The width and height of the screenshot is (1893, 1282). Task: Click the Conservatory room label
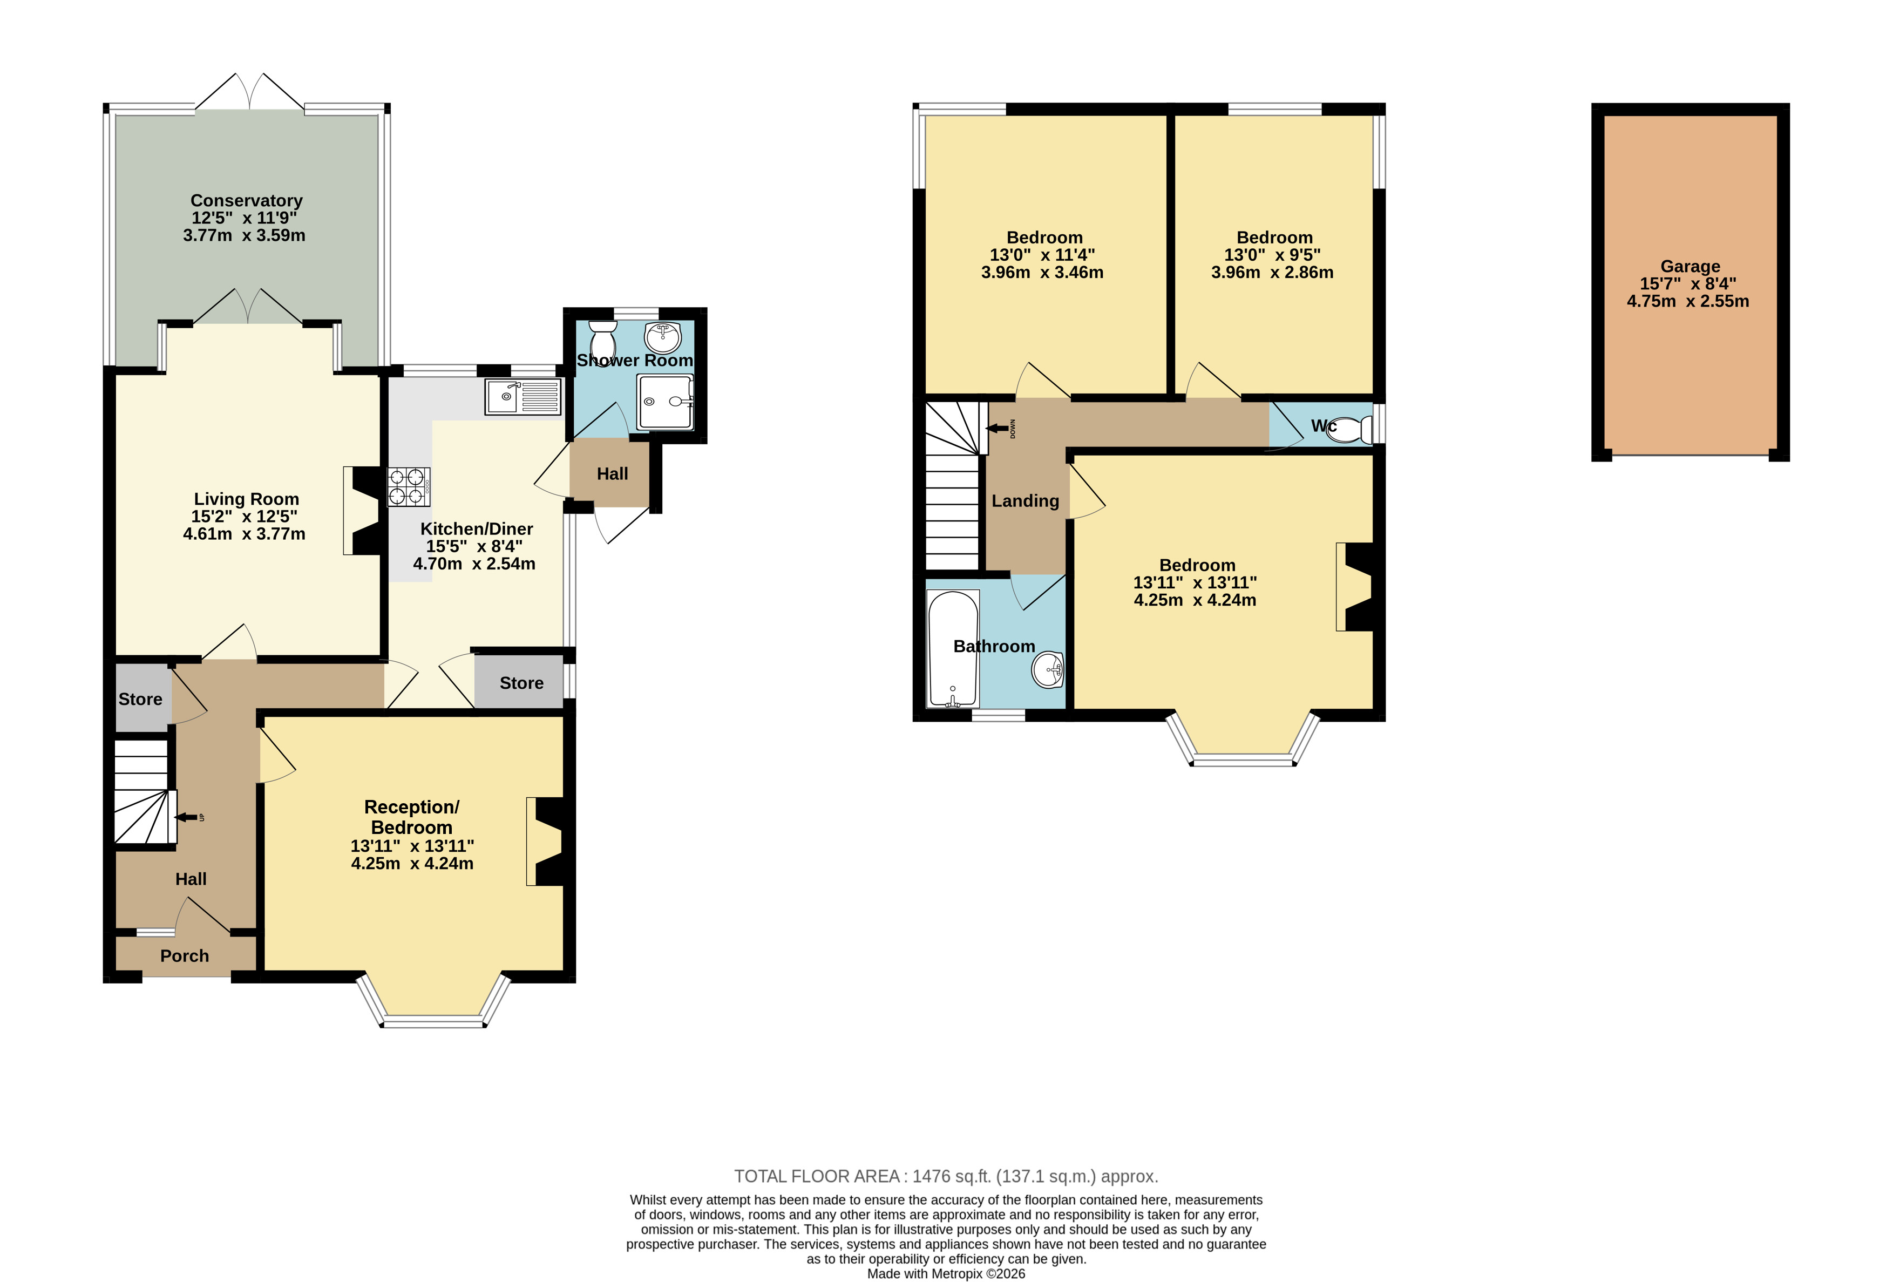pos(246,200)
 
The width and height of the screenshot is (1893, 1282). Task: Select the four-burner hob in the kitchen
pos(408,486)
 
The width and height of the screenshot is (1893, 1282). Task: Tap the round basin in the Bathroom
pos(1048,670)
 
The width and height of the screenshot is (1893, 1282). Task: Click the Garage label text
pos(1690,266)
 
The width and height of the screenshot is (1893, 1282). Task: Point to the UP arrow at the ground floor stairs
pos(187,818)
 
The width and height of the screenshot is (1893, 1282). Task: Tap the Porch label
pos(185,956)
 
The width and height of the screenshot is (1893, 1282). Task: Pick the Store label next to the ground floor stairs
pos(140,699)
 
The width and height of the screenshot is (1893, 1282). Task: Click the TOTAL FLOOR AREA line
pos(946,1176)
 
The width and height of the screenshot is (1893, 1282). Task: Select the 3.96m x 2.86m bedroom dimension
pos(1272,273)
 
